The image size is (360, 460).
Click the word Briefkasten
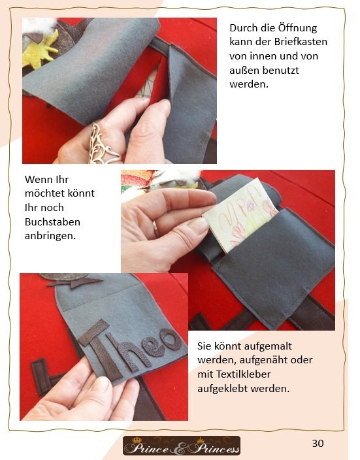pos(301,42)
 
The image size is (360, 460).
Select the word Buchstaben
pos(52,222)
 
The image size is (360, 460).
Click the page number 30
pos(318,443)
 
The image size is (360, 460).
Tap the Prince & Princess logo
pos(182,446)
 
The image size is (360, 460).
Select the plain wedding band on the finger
pos(155,229)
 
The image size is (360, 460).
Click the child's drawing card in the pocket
pos(239,216)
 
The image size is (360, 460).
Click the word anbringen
pos(50,236)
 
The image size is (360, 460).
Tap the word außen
pos(244,71)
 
